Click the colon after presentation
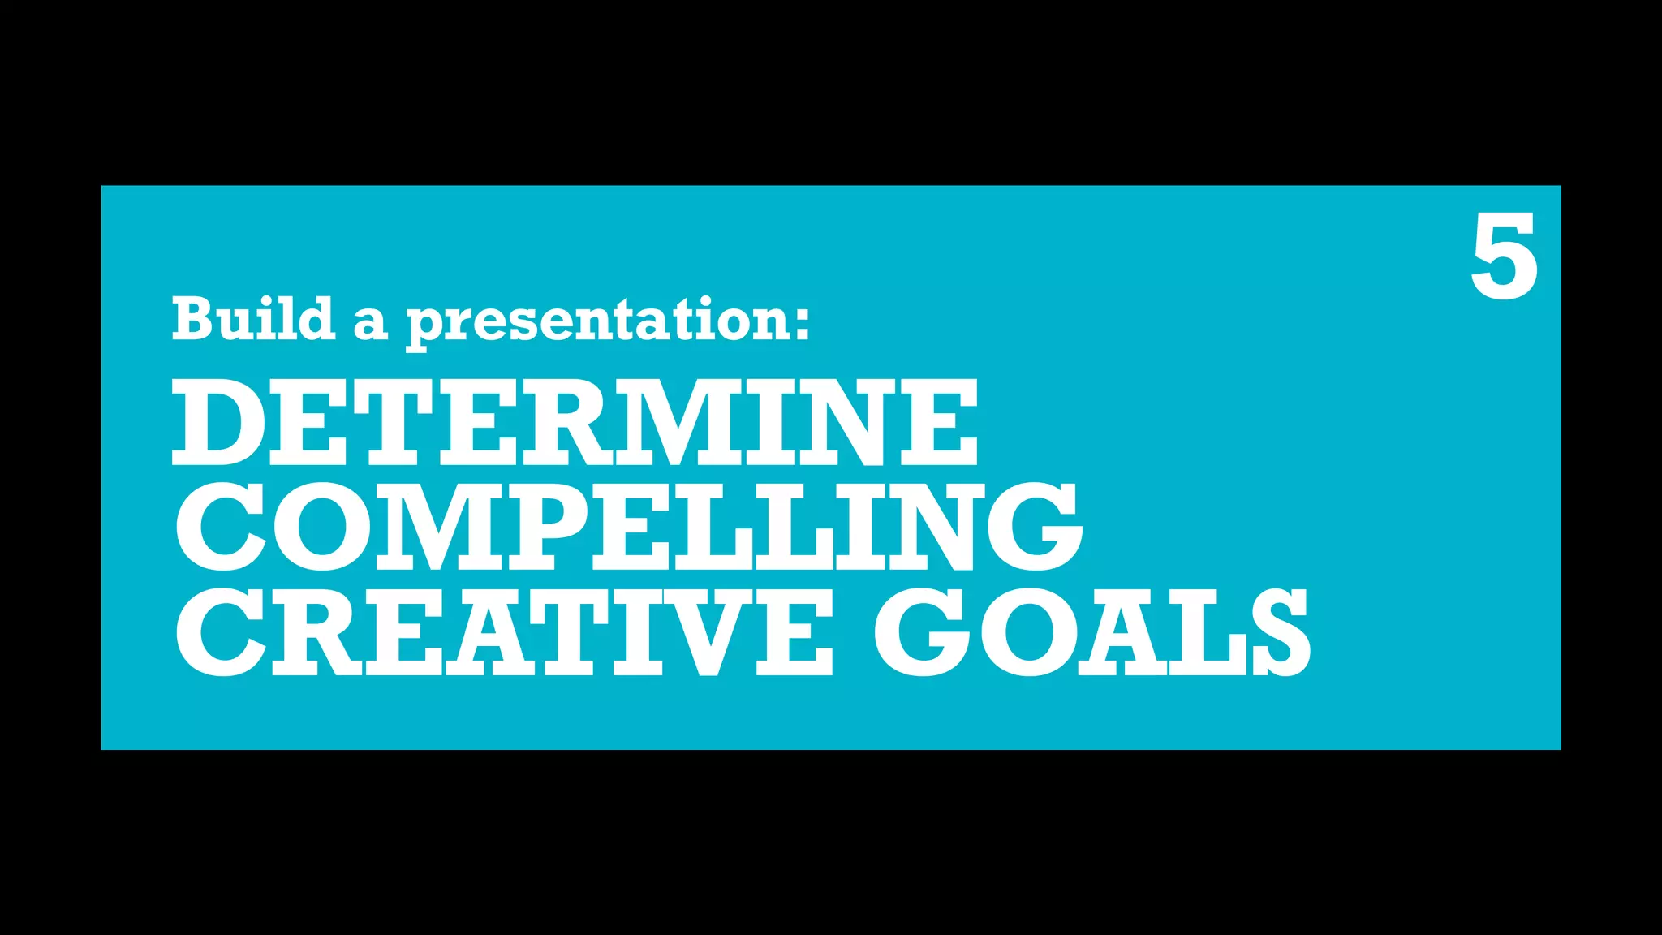pos(802,323)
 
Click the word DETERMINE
pos(575,423)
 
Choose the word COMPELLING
pos(628,527)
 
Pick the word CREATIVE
pos(504,632)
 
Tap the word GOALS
pos(1091,632)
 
